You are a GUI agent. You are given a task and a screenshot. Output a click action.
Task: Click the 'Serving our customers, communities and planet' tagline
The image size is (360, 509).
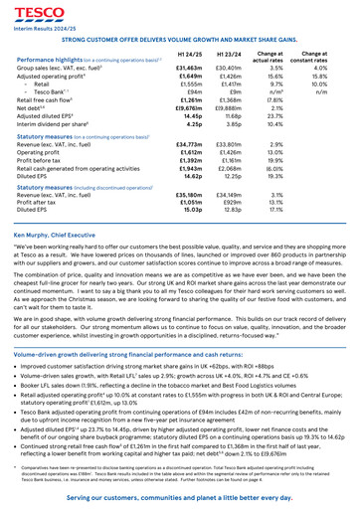tap(180, 495)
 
